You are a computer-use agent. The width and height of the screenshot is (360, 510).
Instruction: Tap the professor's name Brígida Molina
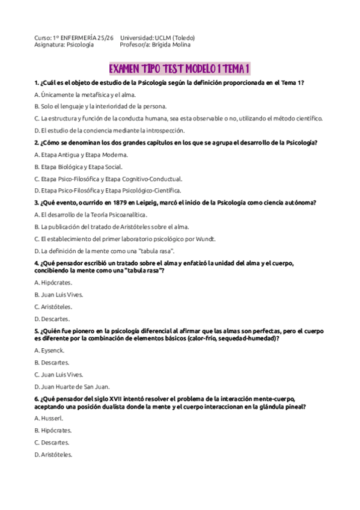click(x=173, y=45)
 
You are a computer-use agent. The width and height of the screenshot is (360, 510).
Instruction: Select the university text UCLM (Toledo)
click(x=174, y=38)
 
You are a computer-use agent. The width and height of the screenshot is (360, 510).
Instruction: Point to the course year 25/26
click(x=105, y=38)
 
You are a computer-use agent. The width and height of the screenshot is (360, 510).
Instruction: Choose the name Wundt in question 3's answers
click(x=206, y=239)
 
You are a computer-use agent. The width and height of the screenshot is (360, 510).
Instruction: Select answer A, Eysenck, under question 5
click(x=52, y=351)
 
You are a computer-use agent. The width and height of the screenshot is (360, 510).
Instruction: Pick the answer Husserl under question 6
click(x=52, y=418)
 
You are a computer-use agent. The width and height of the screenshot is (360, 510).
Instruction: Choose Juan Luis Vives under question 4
click(x=62, y=295)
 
